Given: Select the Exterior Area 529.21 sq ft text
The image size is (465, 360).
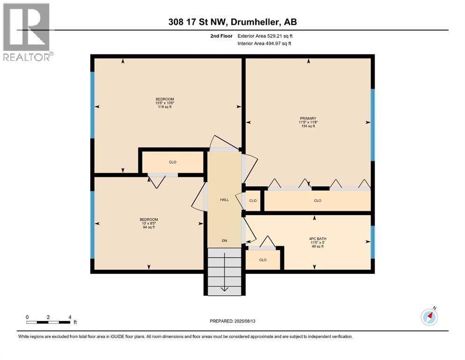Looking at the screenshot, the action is [x=265, y=36].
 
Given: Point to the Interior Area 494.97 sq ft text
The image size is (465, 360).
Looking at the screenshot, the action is [x=264, y=43].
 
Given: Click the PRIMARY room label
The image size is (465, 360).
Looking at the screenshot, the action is [x=308, y=119].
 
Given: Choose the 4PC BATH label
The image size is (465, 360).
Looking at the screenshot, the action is [x=317, y=239].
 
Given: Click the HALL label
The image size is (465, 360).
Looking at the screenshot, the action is [x=224, y=200].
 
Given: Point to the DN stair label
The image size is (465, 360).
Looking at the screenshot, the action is [x=224, y=240].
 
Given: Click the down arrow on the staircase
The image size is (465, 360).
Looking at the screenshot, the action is [x=224, y=272].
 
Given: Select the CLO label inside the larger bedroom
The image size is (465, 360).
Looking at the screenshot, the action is [x=173, y=162].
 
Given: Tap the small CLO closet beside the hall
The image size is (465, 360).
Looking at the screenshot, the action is [x=253, y=201].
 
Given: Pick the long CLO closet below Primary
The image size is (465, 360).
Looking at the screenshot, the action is [x=317, y=201].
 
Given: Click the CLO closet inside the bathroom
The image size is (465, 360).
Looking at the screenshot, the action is [x=263, y=260].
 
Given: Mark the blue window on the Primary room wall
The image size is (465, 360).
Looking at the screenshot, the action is [x=373, y=125].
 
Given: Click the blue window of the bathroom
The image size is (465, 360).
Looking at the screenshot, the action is [x=373, y=242].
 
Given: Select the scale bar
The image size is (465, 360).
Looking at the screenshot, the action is [x=48, y=322].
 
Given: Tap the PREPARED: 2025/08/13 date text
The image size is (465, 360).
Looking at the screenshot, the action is [x=232, y=321].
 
